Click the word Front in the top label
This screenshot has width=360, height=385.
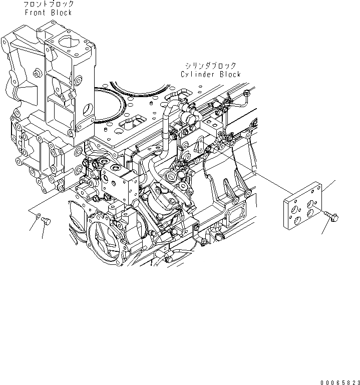pyautogui.click(x=34, y=13)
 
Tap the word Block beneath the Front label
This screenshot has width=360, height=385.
pyautogui.click(x=61, y=13)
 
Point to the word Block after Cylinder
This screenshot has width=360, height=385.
pyautogui.click(x=229, y=75)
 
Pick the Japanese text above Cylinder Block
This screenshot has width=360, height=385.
pyautogui.click(x=210, y=66)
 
